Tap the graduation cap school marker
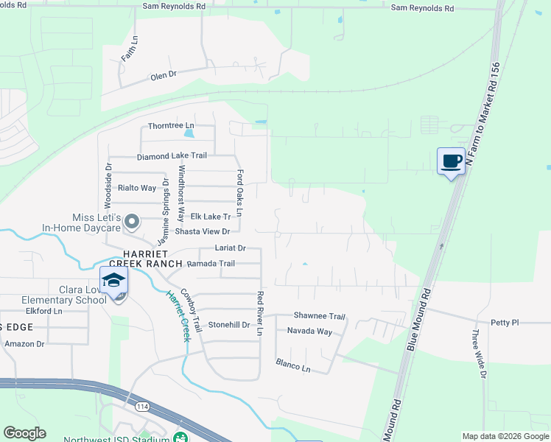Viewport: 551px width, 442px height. [114, 282]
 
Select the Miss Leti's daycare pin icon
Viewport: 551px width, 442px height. [132, 221]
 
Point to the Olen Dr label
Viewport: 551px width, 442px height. [164, 75]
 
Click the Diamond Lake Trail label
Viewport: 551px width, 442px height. [172, 156]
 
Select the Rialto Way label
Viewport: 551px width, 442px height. [137, 188]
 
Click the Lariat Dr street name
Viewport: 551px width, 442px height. [230, 248]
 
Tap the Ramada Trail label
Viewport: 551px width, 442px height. [211, 264]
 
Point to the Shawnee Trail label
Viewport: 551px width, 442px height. [320, 316]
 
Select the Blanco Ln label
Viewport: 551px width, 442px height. [293, 364]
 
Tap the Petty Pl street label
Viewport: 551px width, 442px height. [505, 323]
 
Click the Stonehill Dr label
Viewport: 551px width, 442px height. [229, 325]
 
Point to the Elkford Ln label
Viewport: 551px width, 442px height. [43, 312]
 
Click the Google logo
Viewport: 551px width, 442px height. [24, 433]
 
